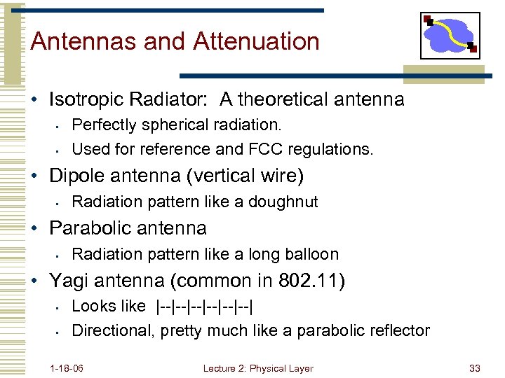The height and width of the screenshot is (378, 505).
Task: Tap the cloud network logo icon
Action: (x=450, y=36)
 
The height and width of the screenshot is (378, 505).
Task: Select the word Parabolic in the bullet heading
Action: (x=91, y=228)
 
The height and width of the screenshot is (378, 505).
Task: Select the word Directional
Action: (x=112, y=330)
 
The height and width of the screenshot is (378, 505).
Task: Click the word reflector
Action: (x=396, y=330)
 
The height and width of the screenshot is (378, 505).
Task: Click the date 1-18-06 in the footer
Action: (x=67, y=368)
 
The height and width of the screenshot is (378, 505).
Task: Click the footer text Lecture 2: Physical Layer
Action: (x=258, y=368)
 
